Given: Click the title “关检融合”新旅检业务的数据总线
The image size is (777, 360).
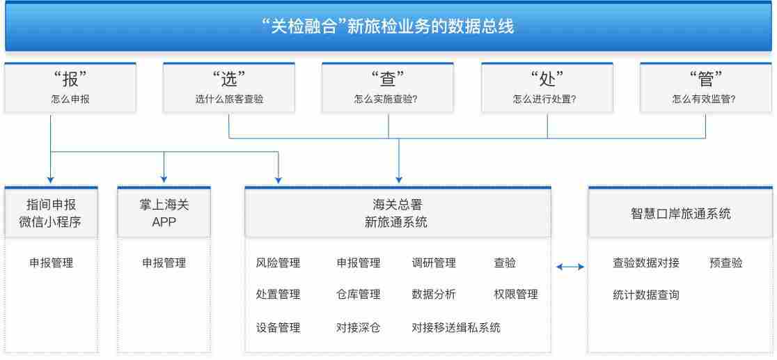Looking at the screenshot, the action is pyautogui.click(x=388, y=26).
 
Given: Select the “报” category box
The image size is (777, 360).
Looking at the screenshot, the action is pyautogui.click(x=70, y=88).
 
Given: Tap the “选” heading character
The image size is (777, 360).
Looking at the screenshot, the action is pyautogui.click(x=229, y=79).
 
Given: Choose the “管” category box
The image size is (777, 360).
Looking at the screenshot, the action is pyautogui.click(x=706, y=88).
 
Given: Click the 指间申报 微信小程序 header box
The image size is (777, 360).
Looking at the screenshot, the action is pyautogui.click(x=51, y=212).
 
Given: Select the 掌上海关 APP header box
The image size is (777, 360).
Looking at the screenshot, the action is pyautogui.click(x=164, y=212).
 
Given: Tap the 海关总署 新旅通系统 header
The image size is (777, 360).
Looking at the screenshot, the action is pyautogui.click(x=398, y=212).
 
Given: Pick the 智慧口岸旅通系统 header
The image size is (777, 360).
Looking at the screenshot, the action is pyautogui.click(x=680, y=212).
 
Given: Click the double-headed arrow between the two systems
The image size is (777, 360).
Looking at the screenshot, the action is pyautogui.click(x=570, y=267).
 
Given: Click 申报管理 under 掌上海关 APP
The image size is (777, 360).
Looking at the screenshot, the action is pyautogui.click(x=164, y=263).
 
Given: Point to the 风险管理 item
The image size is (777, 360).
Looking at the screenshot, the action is pyautogui.click(x=278, y=263).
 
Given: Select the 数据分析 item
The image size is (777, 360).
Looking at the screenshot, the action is pyautogui.click(x=434, y=295).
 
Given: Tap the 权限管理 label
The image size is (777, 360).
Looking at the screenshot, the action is pyautogui.click(x=516, y=295).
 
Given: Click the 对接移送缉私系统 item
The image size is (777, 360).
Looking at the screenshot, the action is pyautogui.click(x=456, y=327).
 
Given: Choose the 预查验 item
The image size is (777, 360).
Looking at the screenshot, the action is pyautogui.click(x=726, y=263).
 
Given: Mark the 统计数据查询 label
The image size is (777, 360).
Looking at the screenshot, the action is pyautogui.click(x=645, y=295).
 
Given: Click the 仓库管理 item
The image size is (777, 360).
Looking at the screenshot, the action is pyautogui.click(x=358, y=295).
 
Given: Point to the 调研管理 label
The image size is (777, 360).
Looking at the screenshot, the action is pyautogui.click(x=434, y=263).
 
